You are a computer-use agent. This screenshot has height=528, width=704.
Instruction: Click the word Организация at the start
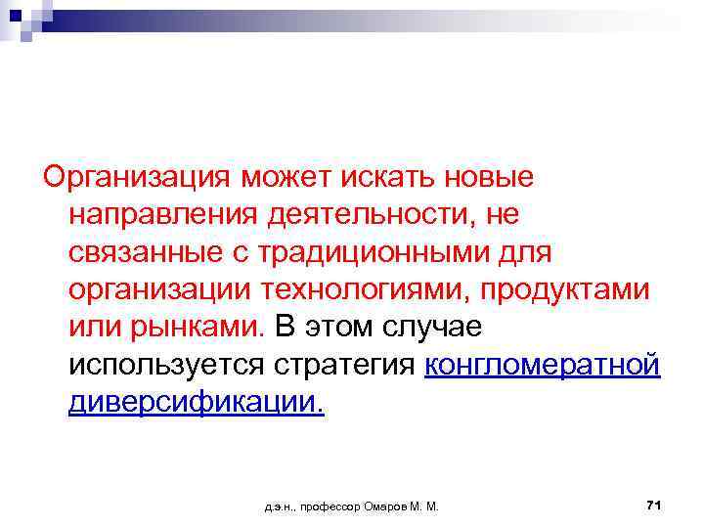point(132,178)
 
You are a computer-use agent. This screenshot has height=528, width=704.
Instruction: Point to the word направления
point(160,215)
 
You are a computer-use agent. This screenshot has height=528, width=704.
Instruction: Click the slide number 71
point(654,505)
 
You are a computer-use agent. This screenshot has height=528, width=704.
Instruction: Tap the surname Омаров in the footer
point(387,506)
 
